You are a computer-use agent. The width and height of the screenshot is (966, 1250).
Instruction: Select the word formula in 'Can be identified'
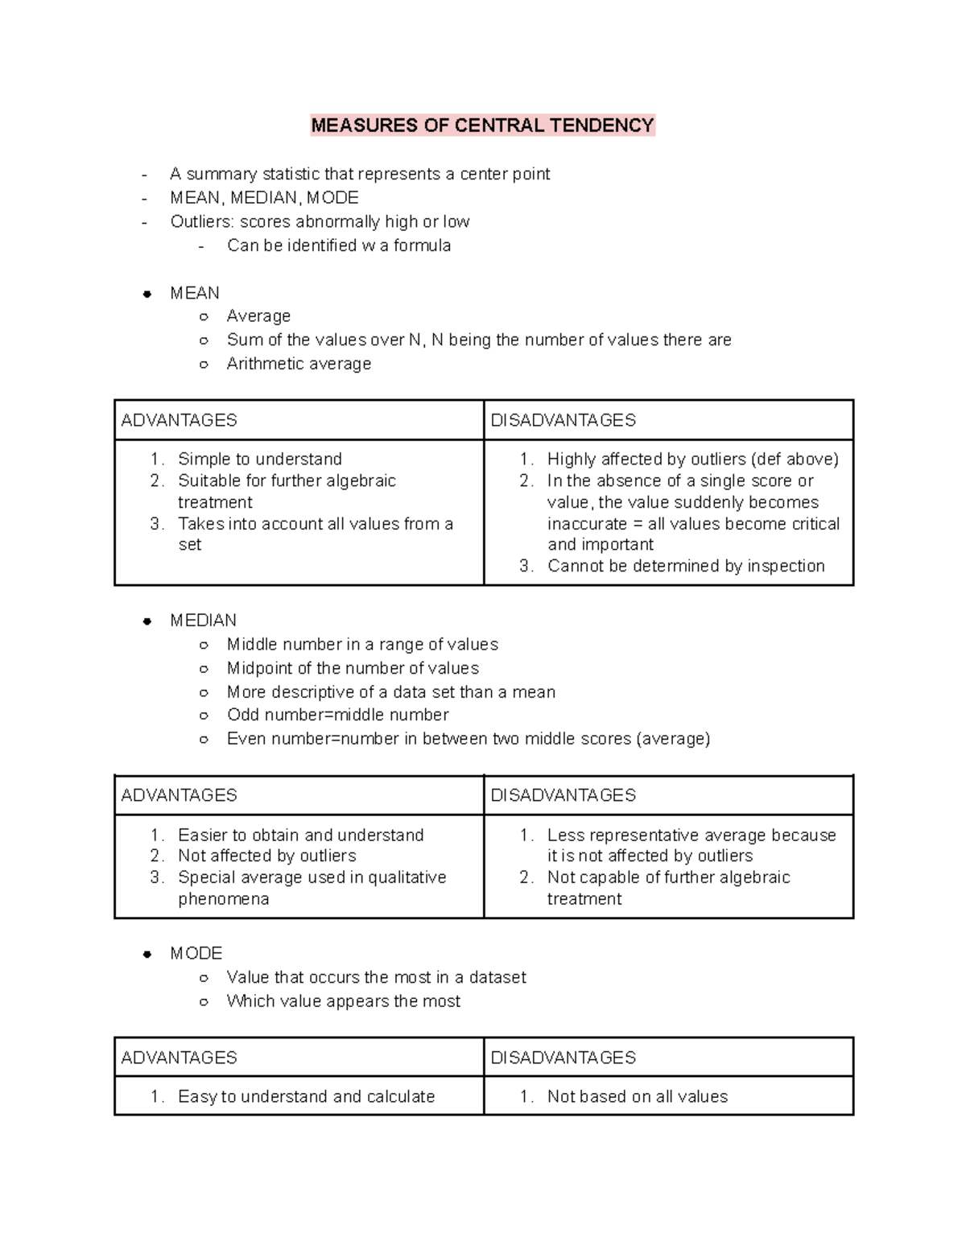422,245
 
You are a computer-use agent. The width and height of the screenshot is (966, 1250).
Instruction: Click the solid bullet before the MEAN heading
147,294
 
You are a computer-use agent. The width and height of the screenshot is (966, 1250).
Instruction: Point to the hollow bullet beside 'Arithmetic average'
204,364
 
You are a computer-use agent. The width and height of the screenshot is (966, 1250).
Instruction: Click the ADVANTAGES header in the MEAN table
179,420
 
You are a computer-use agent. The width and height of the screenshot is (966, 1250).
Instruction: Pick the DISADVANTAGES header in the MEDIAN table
563,795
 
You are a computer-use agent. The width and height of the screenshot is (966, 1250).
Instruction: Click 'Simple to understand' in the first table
259,459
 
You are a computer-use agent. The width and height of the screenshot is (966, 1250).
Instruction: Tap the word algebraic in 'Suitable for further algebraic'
358,481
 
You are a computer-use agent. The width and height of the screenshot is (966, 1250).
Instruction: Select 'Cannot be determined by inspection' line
686,566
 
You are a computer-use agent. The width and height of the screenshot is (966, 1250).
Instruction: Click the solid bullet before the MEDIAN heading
147,621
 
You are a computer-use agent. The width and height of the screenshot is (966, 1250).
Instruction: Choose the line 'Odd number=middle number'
337,715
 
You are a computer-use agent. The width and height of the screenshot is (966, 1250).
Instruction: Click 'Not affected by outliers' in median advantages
266,856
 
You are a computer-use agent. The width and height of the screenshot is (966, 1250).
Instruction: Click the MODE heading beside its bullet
196,954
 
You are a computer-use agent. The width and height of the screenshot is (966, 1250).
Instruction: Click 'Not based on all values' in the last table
637,1096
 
